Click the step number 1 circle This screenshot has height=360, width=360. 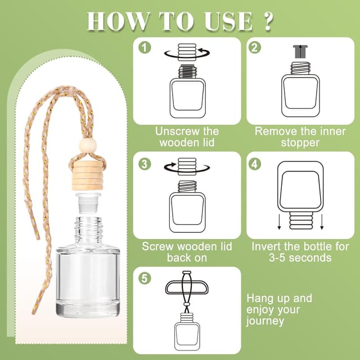146,47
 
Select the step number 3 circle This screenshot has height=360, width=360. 146,164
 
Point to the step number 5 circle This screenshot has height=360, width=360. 146,277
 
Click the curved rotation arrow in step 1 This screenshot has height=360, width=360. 187,53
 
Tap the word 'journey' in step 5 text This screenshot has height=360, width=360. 264,322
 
